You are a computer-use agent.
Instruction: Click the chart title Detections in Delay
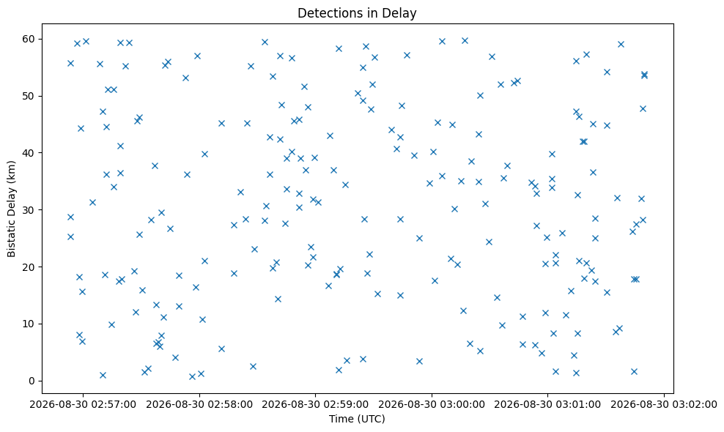pos(357,13)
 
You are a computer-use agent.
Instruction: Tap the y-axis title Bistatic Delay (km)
pos(11,209)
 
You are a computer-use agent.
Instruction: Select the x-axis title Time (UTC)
pos(357,419)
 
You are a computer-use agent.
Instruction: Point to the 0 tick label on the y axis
pos(32,381)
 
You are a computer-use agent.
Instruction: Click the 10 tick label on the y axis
pos(29,324)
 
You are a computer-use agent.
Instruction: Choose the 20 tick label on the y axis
pos(29,267)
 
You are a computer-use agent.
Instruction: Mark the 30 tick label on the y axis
pos(29,210)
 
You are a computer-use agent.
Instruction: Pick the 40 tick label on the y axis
pos(29,153)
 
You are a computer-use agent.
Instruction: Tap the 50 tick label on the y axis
pos(29,96)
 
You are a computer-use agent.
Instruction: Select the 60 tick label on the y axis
pos(29,39)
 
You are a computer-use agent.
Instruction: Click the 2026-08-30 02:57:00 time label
pos(83,405)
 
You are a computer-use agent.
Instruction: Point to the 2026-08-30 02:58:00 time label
pos(199,405)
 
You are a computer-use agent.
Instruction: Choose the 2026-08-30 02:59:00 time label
pos(315,405)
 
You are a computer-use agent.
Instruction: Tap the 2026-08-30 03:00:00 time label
pos(432,405)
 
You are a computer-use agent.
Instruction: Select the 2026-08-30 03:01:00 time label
pos(547,405)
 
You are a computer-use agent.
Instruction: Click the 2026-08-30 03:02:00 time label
pos(664,405)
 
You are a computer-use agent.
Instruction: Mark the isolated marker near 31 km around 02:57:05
pos(92,202)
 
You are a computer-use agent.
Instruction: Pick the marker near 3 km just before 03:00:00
pos(419,361)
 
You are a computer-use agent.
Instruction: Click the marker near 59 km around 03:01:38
pos(621,45)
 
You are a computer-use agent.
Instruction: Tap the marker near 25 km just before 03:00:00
pos(419,238)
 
